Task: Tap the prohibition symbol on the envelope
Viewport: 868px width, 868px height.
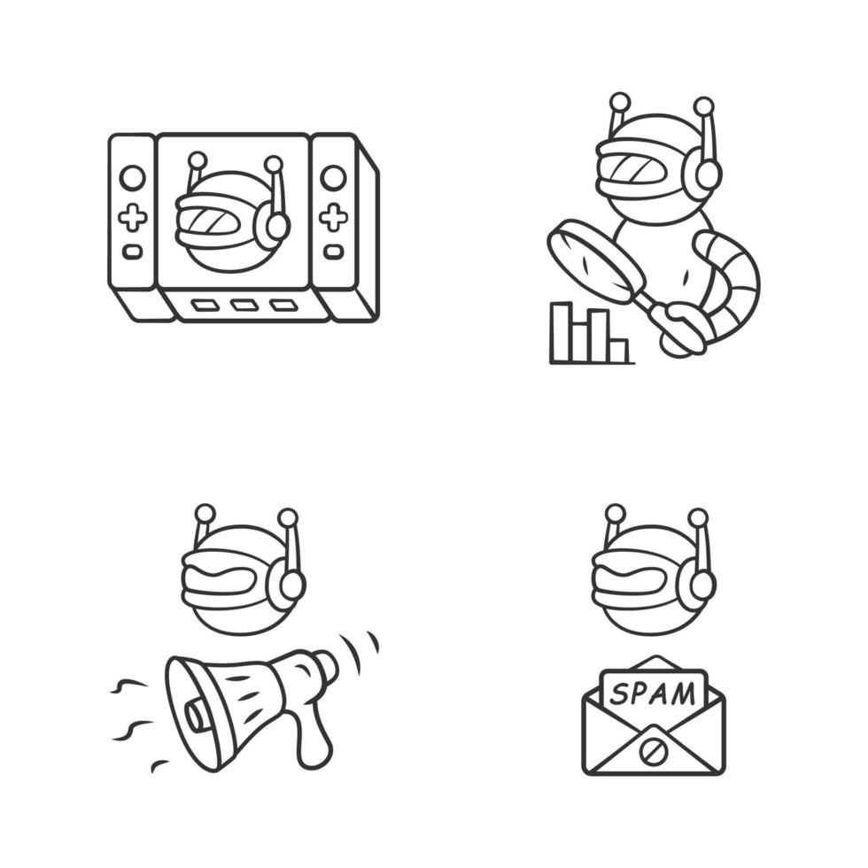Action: coord(653,749)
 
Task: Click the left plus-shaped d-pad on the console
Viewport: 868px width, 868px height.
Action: coord(132,216)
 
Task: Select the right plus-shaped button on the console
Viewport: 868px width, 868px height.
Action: coord(333,216)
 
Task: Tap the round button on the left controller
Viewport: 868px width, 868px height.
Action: coord(132,177)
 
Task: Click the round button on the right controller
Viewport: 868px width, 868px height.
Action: coord(333,177)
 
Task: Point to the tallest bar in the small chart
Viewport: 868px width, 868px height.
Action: coord(560,332)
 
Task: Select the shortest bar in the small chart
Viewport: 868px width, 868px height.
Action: coord(618,351)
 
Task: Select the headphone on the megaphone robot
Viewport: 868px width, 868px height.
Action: coord(287,587)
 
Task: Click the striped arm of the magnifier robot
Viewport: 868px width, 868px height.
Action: coord(731,283)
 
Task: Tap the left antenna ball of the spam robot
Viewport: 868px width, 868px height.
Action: coord(614,513)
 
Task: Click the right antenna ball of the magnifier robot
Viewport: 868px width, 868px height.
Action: coord(704,107)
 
